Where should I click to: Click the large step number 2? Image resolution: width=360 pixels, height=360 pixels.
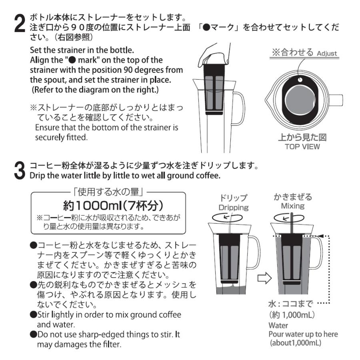pos(20,23)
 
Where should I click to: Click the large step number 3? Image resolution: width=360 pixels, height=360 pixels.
pos(20,170)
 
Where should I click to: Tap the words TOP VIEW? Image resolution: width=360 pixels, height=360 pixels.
pos(302,146)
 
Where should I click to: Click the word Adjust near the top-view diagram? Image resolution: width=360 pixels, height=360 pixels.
pos(327,53)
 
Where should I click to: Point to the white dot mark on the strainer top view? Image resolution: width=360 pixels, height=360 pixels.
pos(300,80)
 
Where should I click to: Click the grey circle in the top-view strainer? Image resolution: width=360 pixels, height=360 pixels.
pos(300,100)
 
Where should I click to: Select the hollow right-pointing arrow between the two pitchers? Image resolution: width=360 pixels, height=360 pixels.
pos(265,278)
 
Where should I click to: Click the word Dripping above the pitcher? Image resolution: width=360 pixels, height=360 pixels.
pos(234,208)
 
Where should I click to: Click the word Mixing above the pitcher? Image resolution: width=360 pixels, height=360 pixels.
pos(293,206)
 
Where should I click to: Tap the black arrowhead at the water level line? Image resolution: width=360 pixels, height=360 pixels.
pos(320,236)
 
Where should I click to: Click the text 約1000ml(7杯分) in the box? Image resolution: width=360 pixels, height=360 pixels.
pos(113,206)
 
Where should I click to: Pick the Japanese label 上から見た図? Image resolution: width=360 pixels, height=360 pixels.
pos(302,137)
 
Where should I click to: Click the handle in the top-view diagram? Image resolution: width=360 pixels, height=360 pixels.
pos(335,100)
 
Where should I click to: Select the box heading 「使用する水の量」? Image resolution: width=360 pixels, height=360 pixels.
pos(108,192)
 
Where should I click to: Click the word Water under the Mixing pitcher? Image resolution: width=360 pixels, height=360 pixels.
pos(278,325)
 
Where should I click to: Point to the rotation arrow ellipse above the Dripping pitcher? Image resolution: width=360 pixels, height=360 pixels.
pos(227,218)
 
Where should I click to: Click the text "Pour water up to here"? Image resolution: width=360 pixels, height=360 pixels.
pos(303,334)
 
